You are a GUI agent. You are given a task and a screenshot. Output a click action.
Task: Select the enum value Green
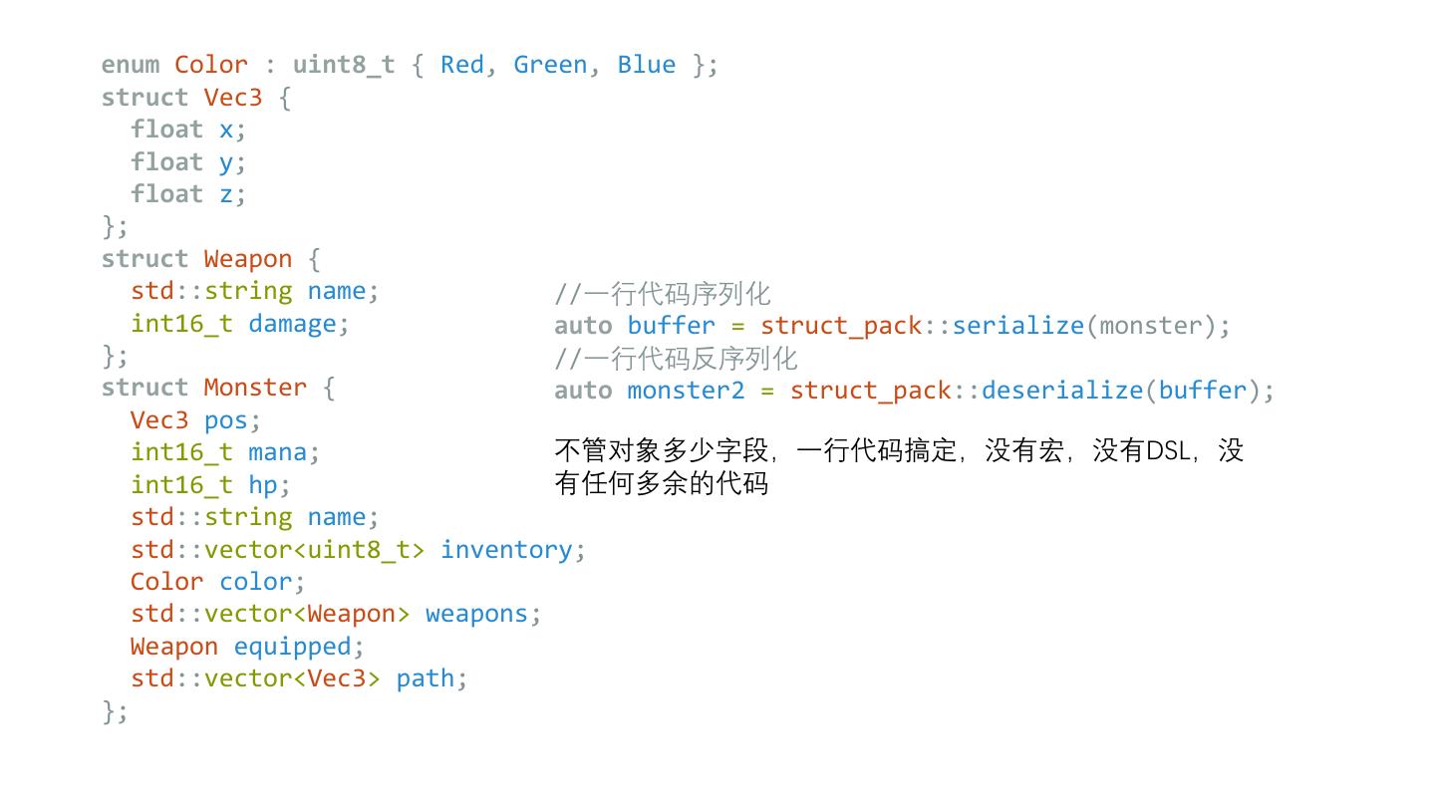(549, 65)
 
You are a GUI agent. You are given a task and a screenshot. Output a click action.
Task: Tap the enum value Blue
(646, 65)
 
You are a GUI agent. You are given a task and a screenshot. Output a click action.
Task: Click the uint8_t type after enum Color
(344, 65)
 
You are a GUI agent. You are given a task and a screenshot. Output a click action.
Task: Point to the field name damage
(292, 324)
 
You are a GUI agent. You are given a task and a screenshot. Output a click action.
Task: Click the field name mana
(277, 452)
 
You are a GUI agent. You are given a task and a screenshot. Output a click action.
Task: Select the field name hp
(262, 485)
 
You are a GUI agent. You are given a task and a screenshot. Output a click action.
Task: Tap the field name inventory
(506, 550)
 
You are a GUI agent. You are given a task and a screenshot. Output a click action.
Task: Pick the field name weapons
(476, 614)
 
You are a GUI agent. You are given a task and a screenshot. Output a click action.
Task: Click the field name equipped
(292, 647)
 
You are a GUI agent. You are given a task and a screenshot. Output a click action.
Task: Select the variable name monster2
(686, 390)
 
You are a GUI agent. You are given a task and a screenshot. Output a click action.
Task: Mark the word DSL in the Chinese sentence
(1168, 451)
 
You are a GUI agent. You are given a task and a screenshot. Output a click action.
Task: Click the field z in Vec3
(226, 194)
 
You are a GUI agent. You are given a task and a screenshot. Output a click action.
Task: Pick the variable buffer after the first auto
(671, 326)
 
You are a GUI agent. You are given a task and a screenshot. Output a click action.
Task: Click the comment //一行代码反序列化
(676, 359)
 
